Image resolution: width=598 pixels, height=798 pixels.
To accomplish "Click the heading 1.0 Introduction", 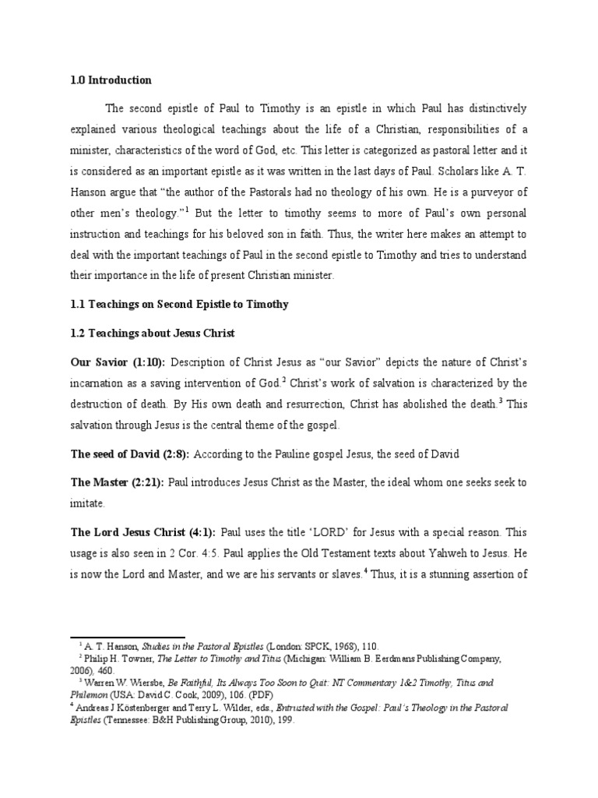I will (x=111, y=80).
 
